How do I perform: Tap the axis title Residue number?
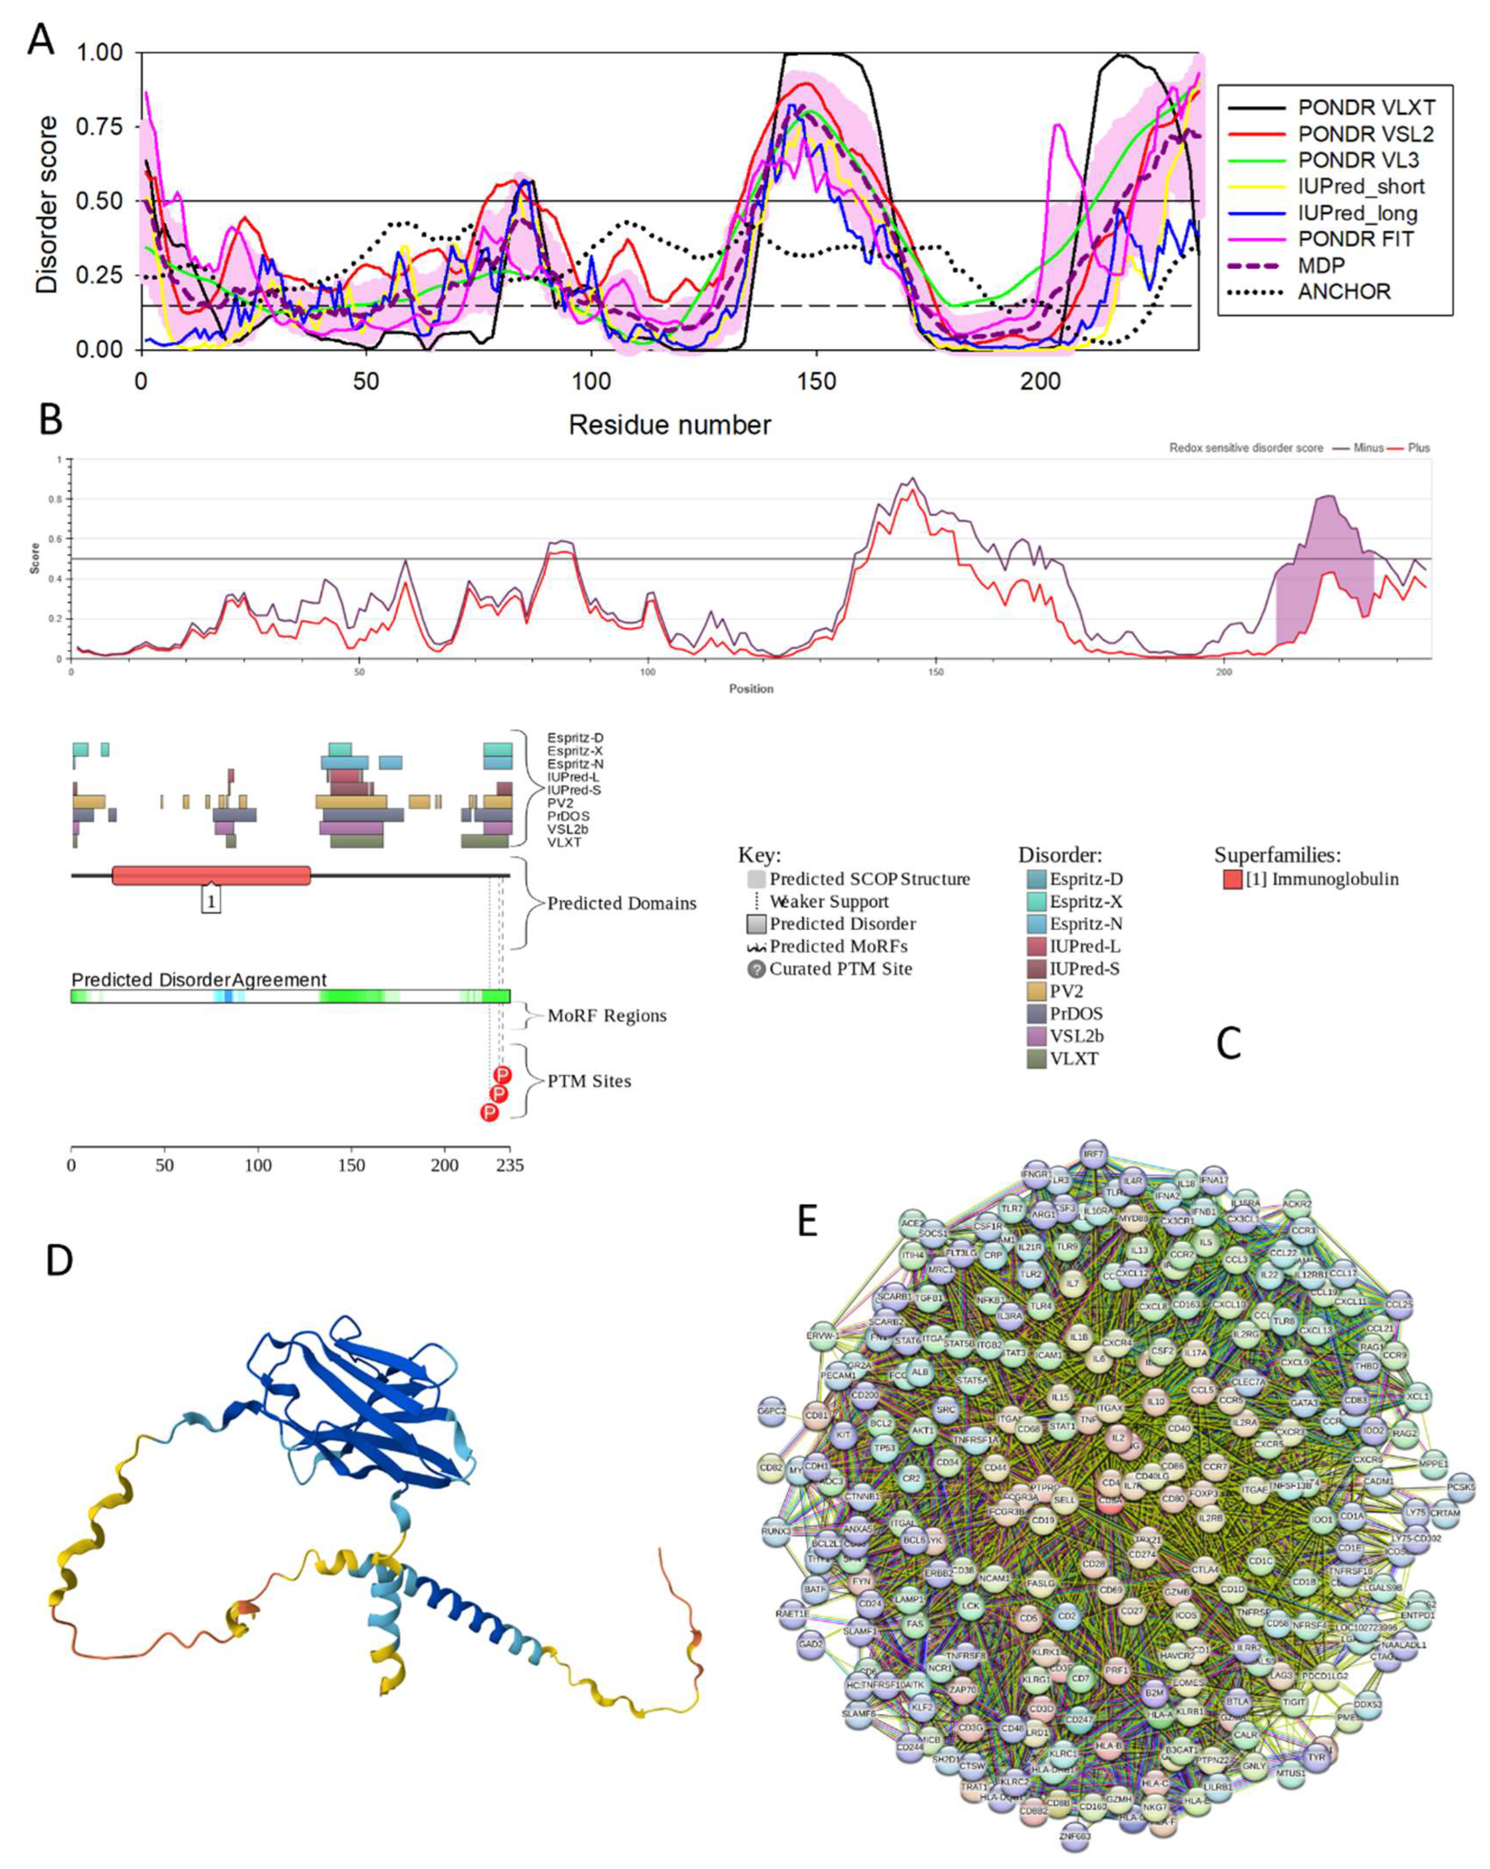669,425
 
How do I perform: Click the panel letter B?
50,420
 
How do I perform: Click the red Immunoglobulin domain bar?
211,876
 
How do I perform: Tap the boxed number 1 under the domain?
211,901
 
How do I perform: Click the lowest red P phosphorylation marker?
490,1112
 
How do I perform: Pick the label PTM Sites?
589,1081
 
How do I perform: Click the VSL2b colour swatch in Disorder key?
1036,1036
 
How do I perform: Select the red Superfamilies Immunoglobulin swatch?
1232,879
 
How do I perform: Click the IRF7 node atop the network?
1093,1155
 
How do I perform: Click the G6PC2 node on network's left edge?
771,1410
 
